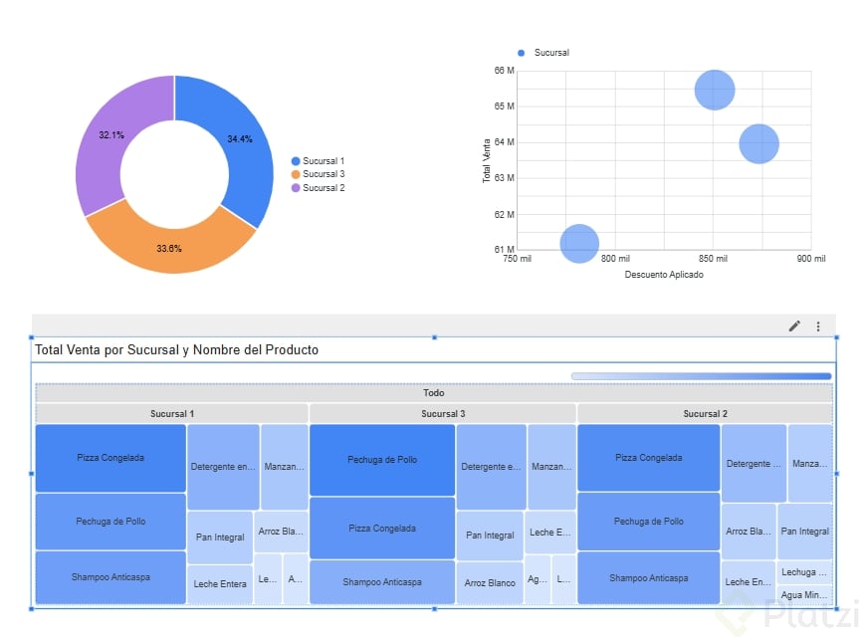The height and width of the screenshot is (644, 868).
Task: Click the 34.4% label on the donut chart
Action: pos(239,139)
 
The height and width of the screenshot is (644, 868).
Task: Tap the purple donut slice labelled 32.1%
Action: pos(111,135)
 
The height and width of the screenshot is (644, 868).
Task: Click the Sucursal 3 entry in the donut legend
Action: pos(323,174)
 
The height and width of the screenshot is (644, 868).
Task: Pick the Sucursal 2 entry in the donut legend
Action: pos(323,188)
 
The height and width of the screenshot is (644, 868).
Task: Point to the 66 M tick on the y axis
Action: pos(503,71)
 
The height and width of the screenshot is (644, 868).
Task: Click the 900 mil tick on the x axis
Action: pos(811,259)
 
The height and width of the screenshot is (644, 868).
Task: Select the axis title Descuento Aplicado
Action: pos(663,275)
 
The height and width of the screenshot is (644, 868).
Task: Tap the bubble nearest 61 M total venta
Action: pos(579,243)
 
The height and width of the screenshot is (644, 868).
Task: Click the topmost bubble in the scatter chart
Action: pos(714,90)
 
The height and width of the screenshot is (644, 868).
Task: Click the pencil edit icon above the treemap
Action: pos(794,325)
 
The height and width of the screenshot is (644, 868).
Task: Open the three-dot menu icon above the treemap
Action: pos(818,325)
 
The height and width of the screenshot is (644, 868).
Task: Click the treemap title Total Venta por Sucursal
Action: pos(176,350)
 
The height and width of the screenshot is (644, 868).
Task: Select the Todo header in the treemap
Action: pos(433,393)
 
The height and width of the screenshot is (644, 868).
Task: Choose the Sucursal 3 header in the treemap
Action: pos(443,413)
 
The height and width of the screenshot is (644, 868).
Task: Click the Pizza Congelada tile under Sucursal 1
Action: pos(110,458)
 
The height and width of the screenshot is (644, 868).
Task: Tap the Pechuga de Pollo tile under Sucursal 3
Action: pos(382,460)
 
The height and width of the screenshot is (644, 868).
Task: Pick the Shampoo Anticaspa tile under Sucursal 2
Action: pos(648,578)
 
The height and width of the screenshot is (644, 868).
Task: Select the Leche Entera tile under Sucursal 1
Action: pos(220,584)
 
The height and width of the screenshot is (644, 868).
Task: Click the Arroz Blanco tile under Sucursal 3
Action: pos(490,583)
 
